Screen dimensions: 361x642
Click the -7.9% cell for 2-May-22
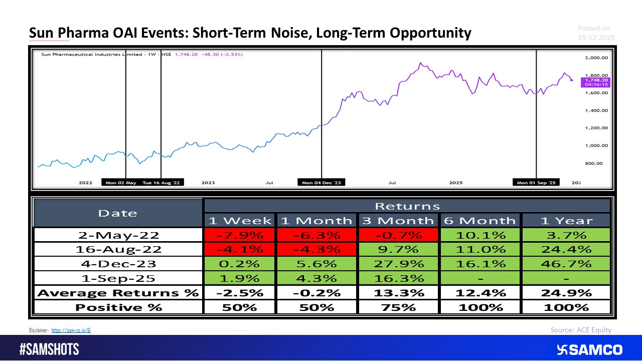pyautogui.click(x=239, y=235)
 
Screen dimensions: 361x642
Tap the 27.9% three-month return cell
pyautogui.click(x=398, y=264)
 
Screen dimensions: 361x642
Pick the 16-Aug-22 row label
pyautogui.click(x=117, y=249)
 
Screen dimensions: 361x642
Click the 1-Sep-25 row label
pyautogui.click(x=117, y=278)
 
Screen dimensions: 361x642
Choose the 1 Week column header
pyautogui.click(x=239, y=221)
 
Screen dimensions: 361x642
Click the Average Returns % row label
pyautogui.click(x=117, y=293)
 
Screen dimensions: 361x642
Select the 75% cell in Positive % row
pyautogui.click(x=398, y=307)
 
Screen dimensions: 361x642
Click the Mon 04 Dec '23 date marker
pyautogui.click(x=321, y=183)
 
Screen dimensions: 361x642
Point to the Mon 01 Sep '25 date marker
pyautogui.click(x=536, y=183)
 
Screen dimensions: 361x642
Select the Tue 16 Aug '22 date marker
pyautogui.click(x=161, y=183)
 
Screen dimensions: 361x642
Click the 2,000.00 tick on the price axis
pyautogui.click(x=596, y=58)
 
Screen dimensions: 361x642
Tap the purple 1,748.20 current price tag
pyautogui.click(x=595, y=82)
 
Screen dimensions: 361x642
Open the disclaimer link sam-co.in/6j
pyautogui.click(x=71, y=330)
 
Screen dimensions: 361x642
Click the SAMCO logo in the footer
pyautogui.click(x=589, y=349)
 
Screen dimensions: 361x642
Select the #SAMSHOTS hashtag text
pyautogui.click(x=49, y=349)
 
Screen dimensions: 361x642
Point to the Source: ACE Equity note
pyautogui.click(x=581, y=330)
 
